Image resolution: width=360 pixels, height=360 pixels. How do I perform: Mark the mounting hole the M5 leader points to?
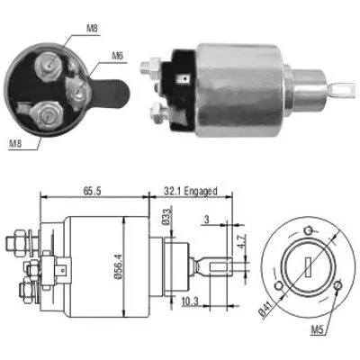[336, 286]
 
